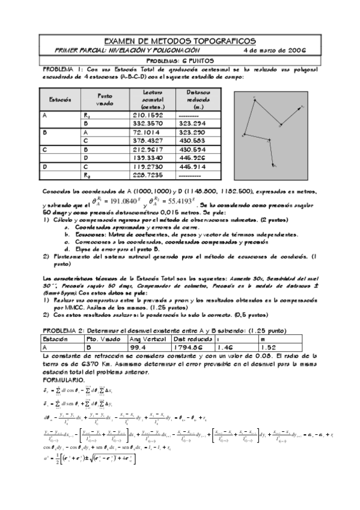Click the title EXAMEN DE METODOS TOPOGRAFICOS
(180, 40)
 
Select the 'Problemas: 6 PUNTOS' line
(180, 61)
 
